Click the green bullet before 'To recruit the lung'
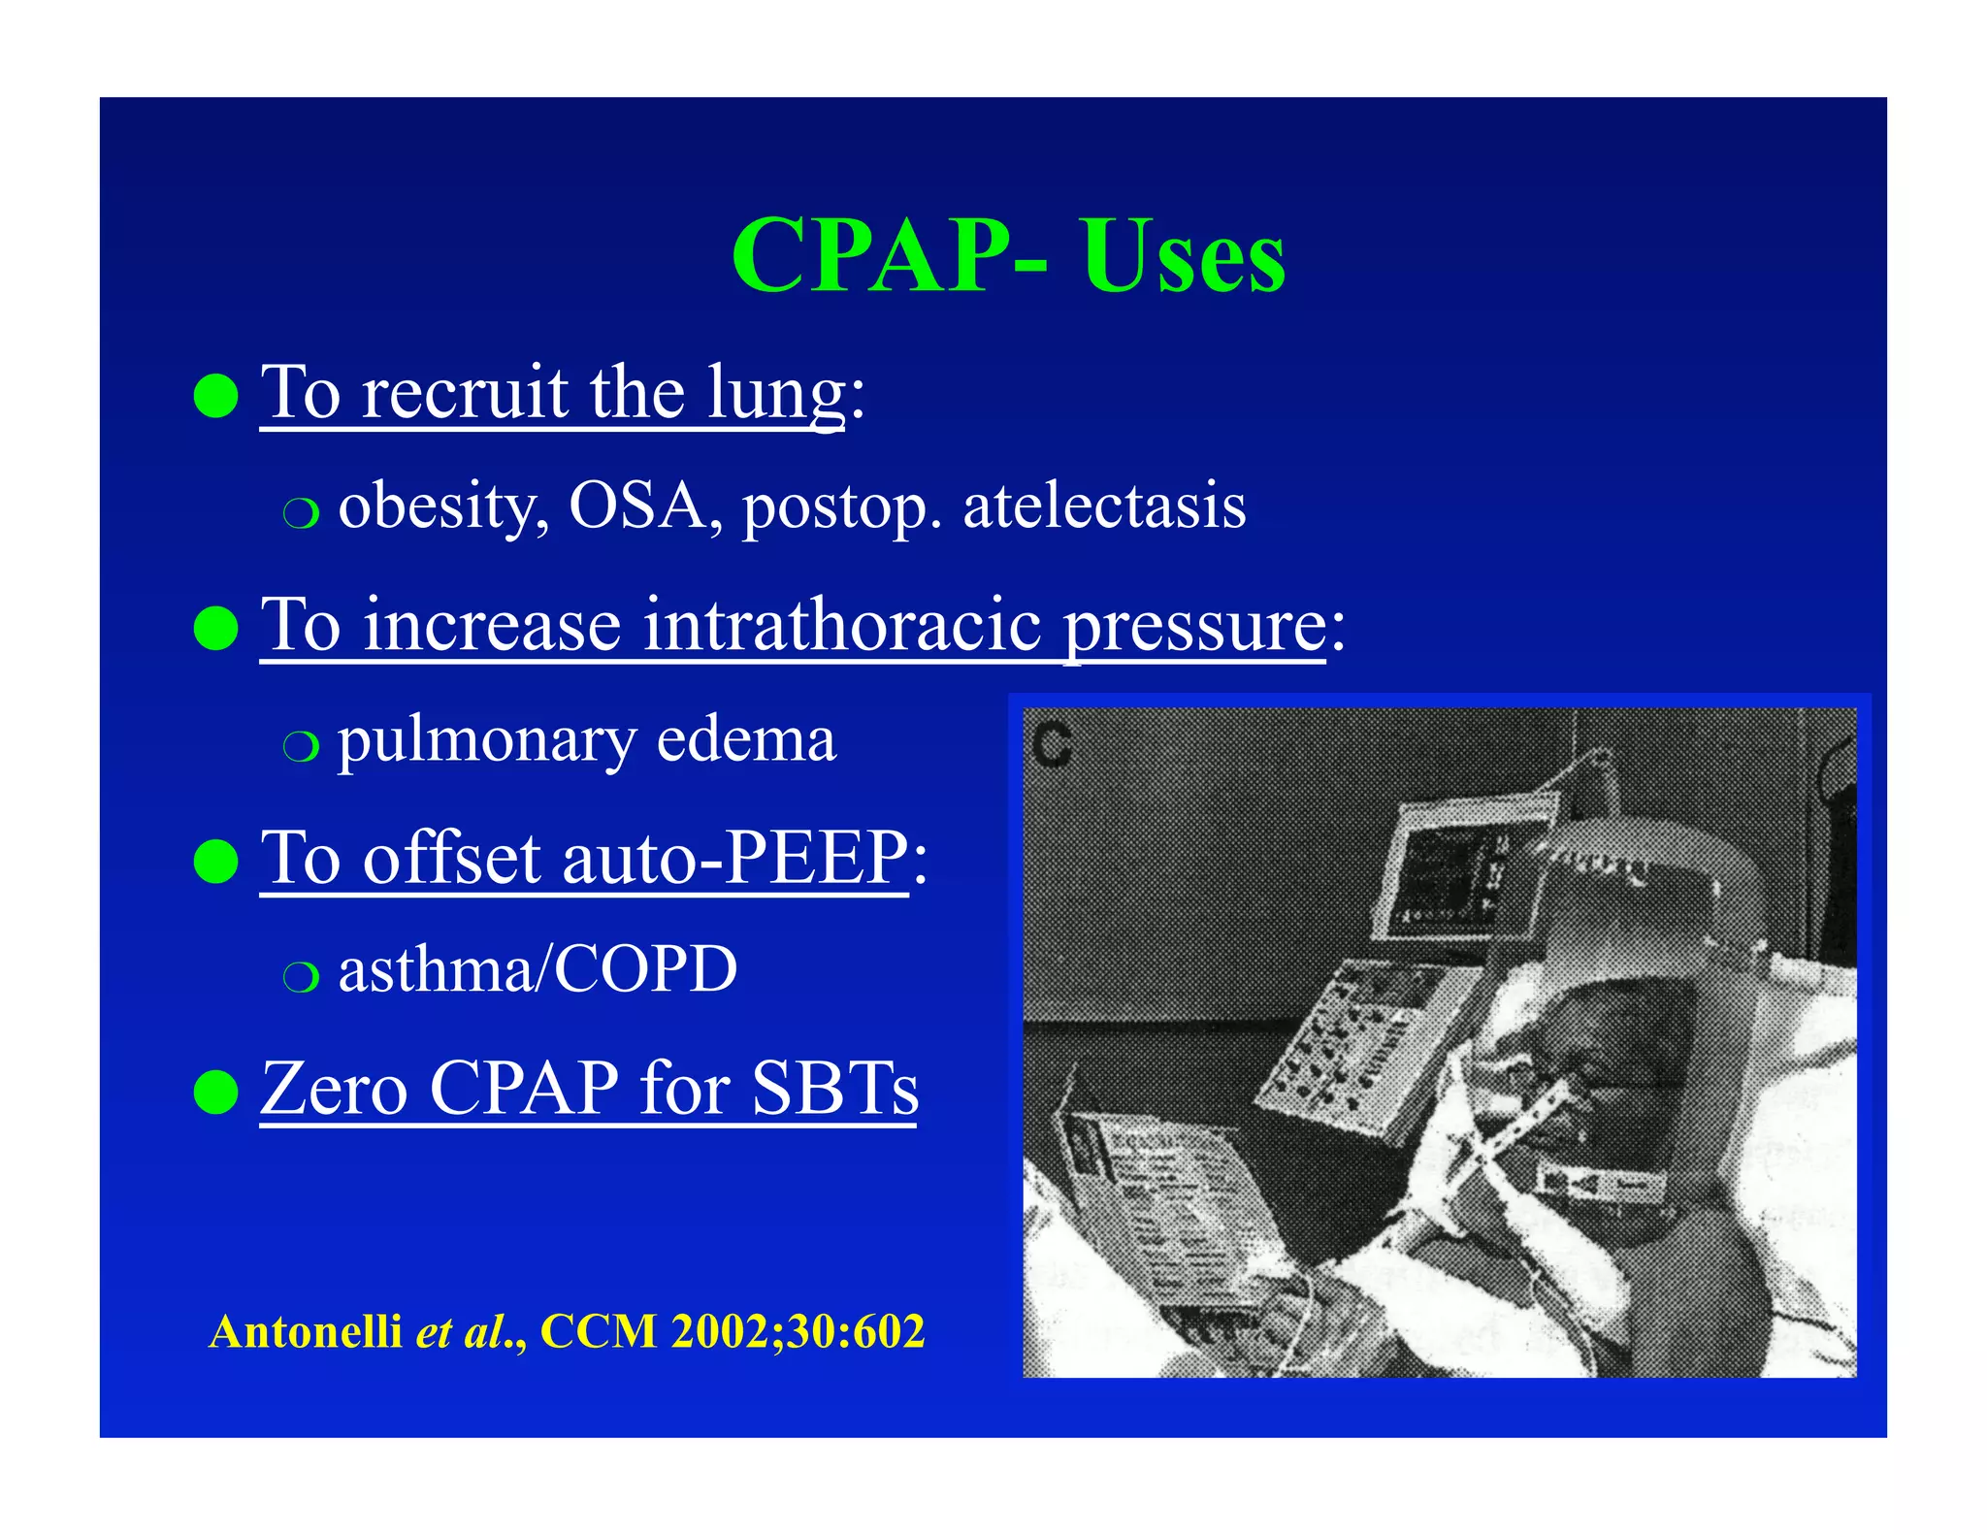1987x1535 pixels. point(215,396)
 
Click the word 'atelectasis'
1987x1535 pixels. point(1104,506)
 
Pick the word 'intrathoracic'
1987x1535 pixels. point(842,626)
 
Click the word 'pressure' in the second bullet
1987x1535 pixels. point(1195,626)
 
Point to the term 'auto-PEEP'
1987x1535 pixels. point(733,858)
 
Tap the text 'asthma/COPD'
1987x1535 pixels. point(537,969)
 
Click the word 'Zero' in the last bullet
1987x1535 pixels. point(334,1089)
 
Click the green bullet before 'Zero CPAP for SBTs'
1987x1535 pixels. point(215,1093)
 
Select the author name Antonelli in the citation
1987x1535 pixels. point(306,1331)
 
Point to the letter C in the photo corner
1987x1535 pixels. point(1052,745)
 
